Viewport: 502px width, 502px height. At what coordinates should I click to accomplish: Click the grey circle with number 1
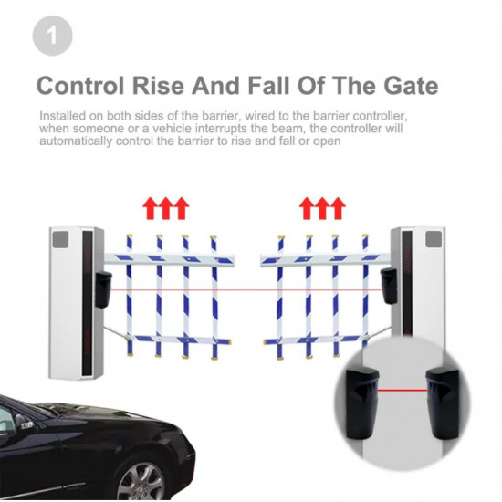tap(53, 36)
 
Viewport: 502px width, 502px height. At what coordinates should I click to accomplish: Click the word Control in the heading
tap(80, 86)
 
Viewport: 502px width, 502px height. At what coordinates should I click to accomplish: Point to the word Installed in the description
tap(63, 116)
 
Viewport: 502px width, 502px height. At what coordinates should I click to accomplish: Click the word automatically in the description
tap(76, 141)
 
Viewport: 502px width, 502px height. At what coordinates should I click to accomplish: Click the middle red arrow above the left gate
tap(165, 208)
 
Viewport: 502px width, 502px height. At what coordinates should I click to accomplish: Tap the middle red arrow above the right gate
tap(322, 208)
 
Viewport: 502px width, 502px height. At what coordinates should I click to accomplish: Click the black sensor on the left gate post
tap(103, 289)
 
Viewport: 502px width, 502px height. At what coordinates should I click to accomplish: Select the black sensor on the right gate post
tap(389, 286)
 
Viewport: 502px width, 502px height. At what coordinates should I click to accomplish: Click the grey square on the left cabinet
tap(60, 240)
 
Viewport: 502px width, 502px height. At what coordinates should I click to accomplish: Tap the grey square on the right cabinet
tap(434, 239)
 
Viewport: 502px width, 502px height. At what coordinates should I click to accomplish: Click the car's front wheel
tap(142, 481)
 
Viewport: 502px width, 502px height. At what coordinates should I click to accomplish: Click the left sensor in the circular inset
tap(362, 403)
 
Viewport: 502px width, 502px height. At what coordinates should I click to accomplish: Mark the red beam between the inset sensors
tap(403, 391)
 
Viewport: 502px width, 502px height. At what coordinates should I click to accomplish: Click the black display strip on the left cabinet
tap(87, 303)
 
